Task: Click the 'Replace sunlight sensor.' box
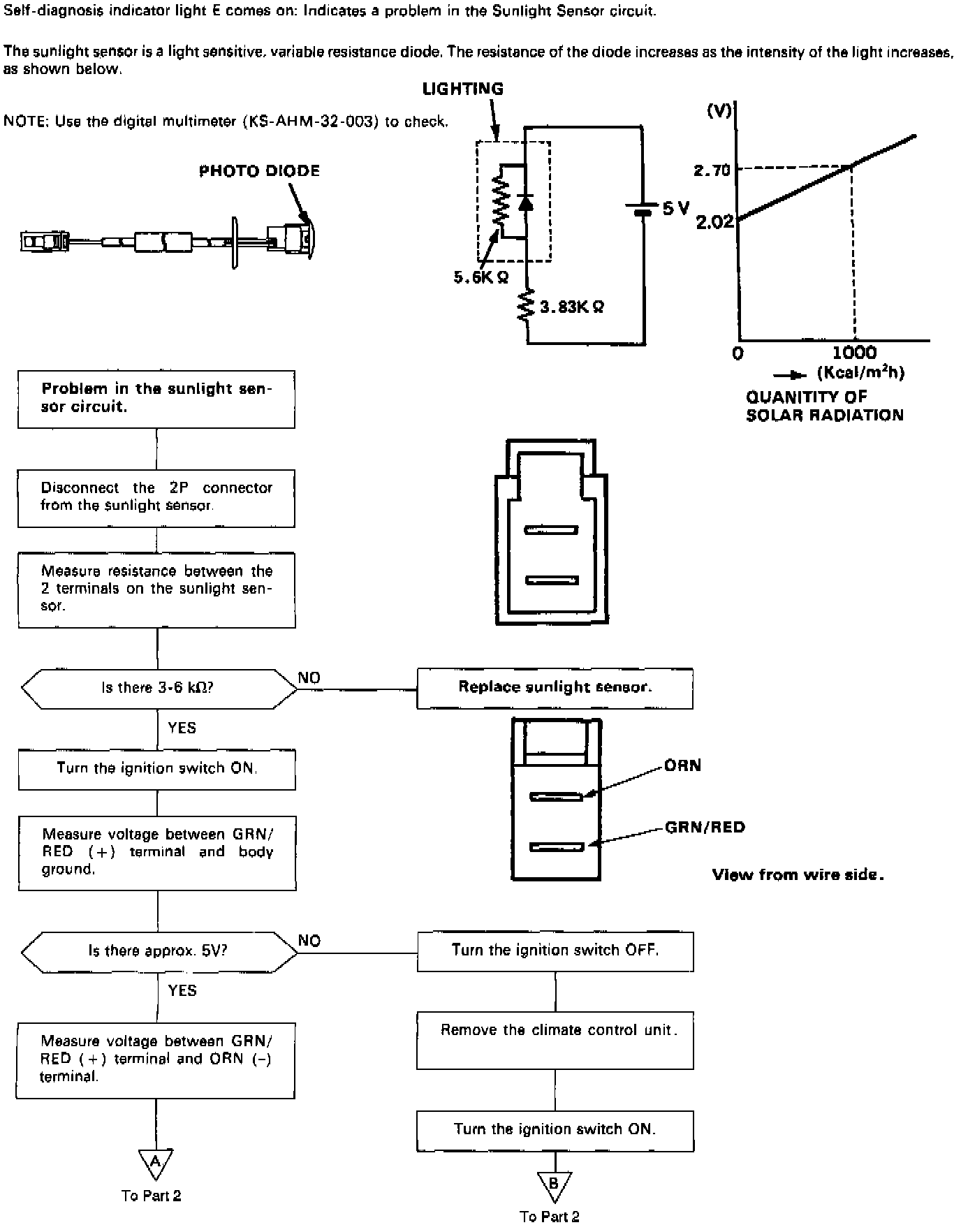click(x=555, y=688)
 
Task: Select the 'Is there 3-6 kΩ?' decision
click(x=159, y=689)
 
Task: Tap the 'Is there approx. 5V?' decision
click(x=159, y=951)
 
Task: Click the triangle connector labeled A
click(x=155, y=1162)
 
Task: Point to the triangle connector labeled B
click(x=555, y=1183)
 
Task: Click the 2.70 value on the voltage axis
click(x=712, y=170)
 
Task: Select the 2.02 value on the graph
click(x=714, y=222)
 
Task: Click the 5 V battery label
click(x=675, y=208)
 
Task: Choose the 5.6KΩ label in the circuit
click(x=480, y=277)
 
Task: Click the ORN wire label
click(x=682, y=765)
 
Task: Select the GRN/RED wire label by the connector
click(x=705, y=828)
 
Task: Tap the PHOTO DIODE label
click(x=259, y=171)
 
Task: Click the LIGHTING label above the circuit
click(x=462, y=89)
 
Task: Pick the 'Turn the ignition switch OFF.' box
click(x=555, y=951)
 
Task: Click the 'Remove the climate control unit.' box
click(x=555, y=1039)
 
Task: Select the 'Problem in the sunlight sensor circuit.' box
click(x=156, y=399)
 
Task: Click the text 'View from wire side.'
click(x=798, y=874)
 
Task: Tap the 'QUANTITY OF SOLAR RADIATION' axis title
click(x=824, y=406)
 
